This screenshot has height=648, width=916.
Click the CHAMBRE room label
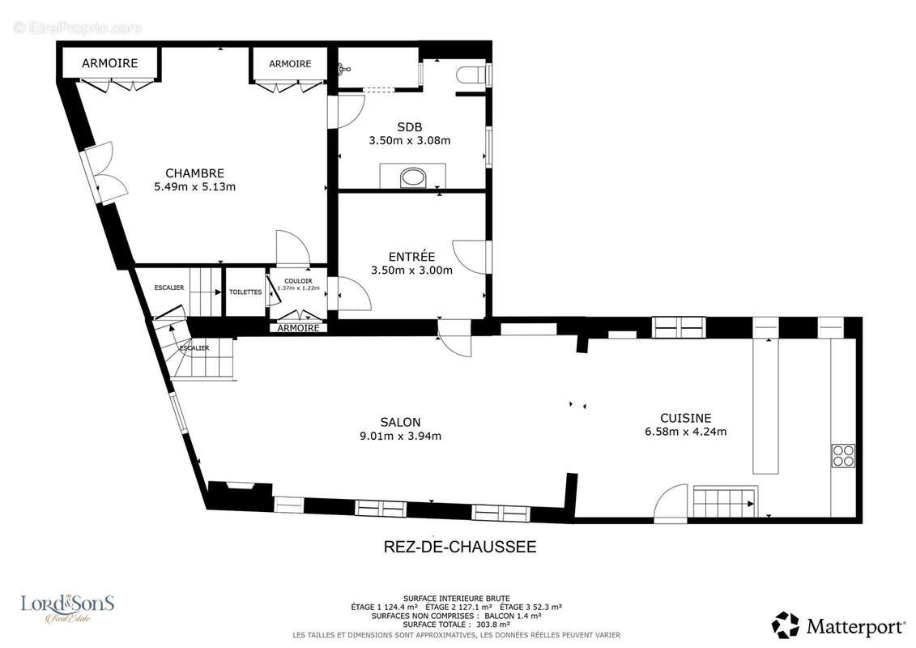pyautogui.click(x=194, y=173)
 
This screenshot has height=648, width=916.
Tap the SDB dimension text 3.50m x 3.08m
pyautogui.click(x=409, y=140)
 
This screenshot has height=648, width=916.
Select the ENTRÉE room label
pyautogui.click(x=411, y=257)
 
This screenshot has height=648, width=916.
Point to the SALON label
pyautogui.click(x=400, y=422)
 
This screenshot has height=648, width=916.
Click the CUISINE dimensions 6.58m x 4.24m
pyautogui.click(x=685, y=431)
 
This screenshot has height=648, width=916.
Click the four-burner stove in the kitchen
pyautogui.click(x=842, y=455)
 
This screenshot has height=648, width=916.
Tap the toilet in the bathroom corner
pyautogui.click(x=472, y=75)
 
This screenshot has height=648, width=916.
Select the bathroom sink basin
pyautogui.click(x=413, y=177)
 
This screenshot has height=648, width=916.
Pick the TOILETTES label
pyautogui.click(x=245, y=292)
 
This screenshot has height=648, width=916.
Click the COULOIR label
pyautogui.click(x=297, y=281)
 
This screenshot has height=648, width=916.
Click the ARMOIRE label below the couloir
pyautogui.click(x=298, y=328)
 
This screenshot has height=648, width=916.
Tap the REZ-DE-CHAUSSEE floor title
pyautogui.click(x=459, y=547)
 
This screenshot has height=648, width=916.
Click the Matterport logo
pyautogui.click(x=838, y=625)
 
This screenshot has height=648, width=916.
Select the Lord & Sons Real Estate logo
pyautogui.click(x=67, y=607)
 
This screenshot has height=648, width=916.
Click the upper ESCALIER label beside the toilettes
pyautogui.click(x=169, y=288)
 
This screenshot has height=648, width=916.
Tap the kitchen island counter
pyautogui.click(x=766, y=406)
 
